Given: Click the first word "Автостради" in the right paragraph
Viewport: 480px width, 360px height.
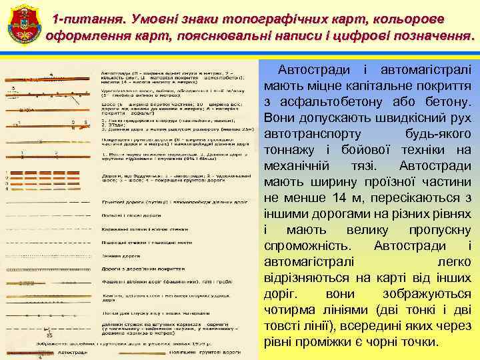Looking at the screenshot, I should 315,70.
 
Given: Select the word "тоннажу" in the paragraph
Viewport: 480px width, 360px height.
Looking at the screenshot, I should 291,150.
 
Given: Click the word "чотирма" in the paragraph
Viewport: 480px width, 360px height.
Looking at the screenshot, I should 291,310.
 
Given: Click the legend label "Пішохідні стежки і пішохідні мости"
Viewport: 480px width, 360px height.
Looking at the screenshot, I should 143,242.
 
